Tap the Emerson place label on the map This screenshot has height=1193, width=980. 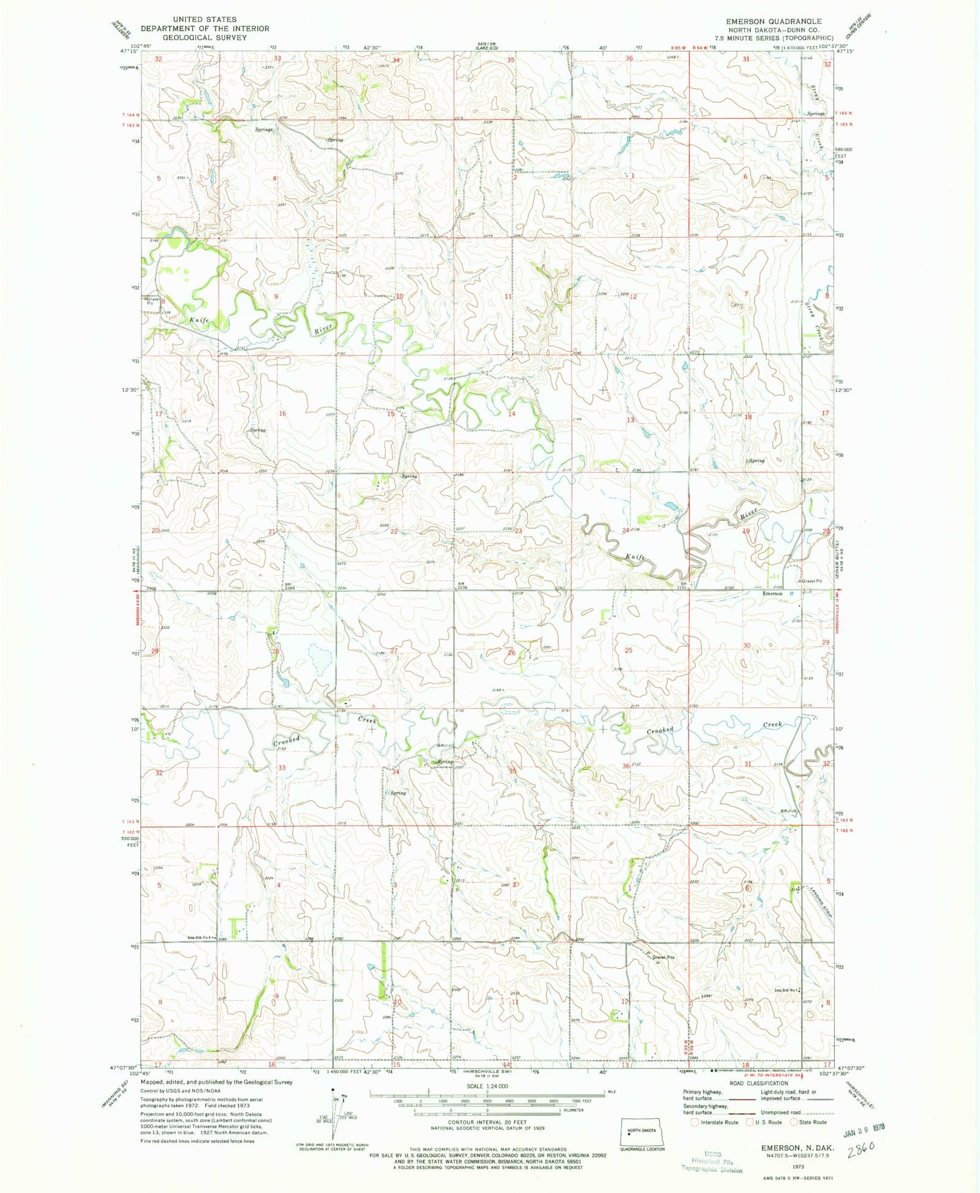coord(772,593)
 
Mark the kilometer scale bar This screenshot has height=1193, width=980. coord(487,1110)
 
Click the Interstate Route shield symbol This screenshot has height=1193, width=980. coord(694,1122)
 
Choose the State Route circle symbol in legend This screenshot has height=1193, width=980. coord(793,1122)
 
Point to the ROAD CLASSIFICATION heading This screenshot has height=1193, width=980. coord(758,1083)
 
